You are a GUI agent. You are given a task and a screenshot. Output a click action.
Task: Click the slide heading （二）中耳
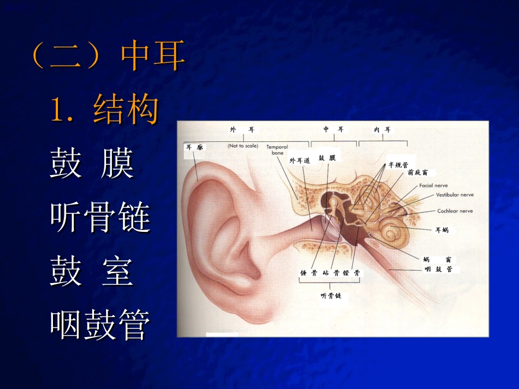[108, 57]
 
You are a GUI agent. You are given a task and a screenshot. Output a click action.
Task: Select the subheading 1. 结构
[104, 109]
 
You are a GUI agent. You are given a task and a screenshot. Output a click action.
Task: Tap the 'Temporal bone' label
[277, 150]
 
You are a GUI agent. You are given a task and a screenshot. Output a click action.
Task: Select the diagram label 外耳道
[300, 160]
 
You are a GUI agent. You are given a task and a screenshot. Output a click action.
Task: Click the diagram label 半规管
[398, 164]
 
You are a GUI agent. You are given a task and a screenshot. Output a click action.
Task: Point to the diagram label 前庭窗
[417, 172]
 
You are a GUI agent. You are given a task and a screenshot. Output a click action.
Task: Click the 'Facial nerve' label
[433, 185]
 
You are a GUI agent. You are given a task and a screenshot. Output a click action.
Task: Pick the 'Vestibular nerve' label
[455, 195]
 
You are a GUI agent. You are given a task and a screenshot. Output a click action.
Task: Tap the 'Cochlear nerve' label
[455, 211]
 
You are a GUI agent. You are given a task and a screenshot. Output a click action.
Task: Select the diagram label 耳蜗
[441, 230]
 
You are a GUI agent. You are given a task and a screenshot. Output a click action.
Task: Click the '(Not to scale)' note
[243, 146]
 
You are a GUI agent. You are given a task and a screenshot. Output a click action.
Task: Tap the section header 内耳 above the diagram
[382, 130]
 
